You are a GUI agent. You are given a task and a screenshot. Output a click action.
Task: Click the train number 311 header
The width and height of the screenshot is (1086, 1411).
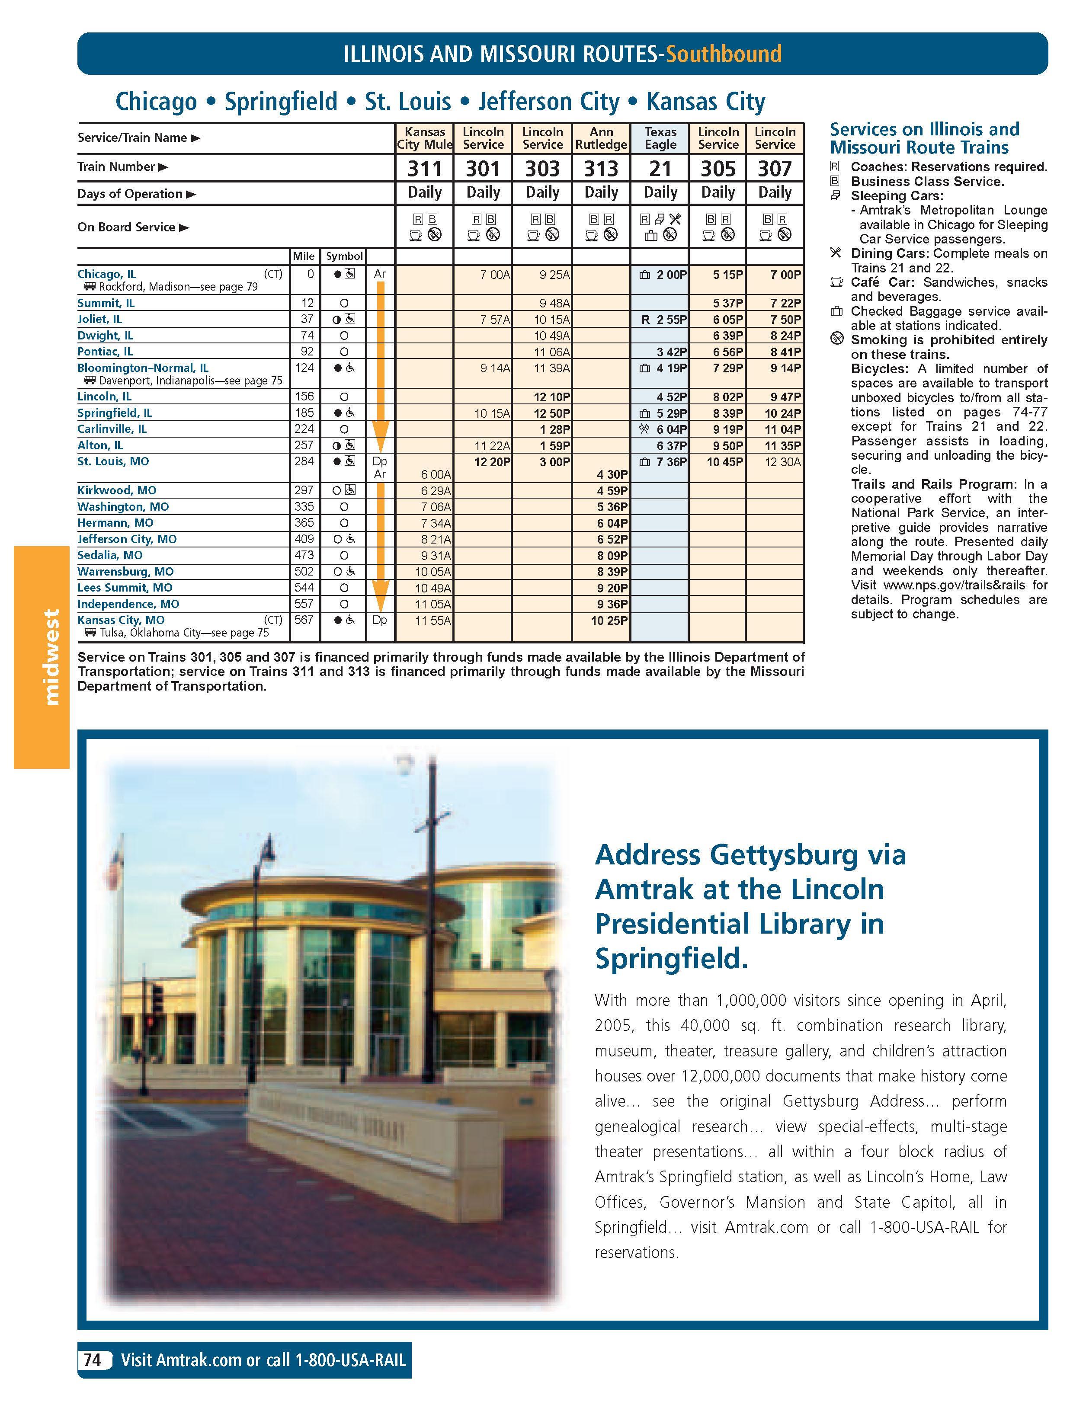[424, 169]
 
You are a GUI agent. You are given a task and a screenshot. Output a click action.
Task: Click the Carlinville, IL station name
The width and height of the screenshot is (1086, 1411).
[112, 429]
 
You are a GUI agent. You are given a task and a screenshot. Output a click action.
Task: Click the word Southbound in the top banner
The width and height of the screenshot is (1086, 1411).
[724, 54]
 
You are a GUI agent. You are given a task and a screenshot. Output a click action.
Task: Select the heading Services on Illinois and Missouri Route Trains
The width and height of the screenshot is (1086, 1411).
[924, 138]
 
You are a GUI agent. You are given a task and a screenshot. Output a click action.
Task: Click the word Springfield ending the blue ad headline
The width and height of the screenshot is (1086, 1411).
[671, 959]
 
